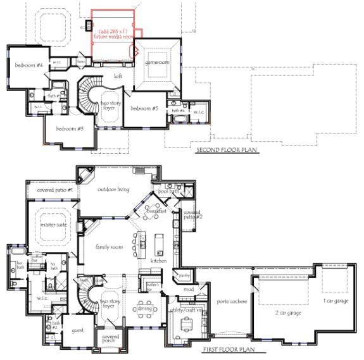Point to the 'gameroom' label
click(x=156, y=63)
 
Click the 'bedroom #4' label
click(x=28, y=65)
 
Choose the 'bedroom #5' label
click(x=144, y=108)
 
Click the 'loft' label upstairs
click(x=117, y=76)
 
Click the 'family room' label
click(x=108, y=247)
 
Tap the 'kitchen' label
click(x=158, y=260)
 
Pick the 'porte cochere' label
click(x=226, y=302)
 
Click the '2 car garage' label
click(x=288, y=313)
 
